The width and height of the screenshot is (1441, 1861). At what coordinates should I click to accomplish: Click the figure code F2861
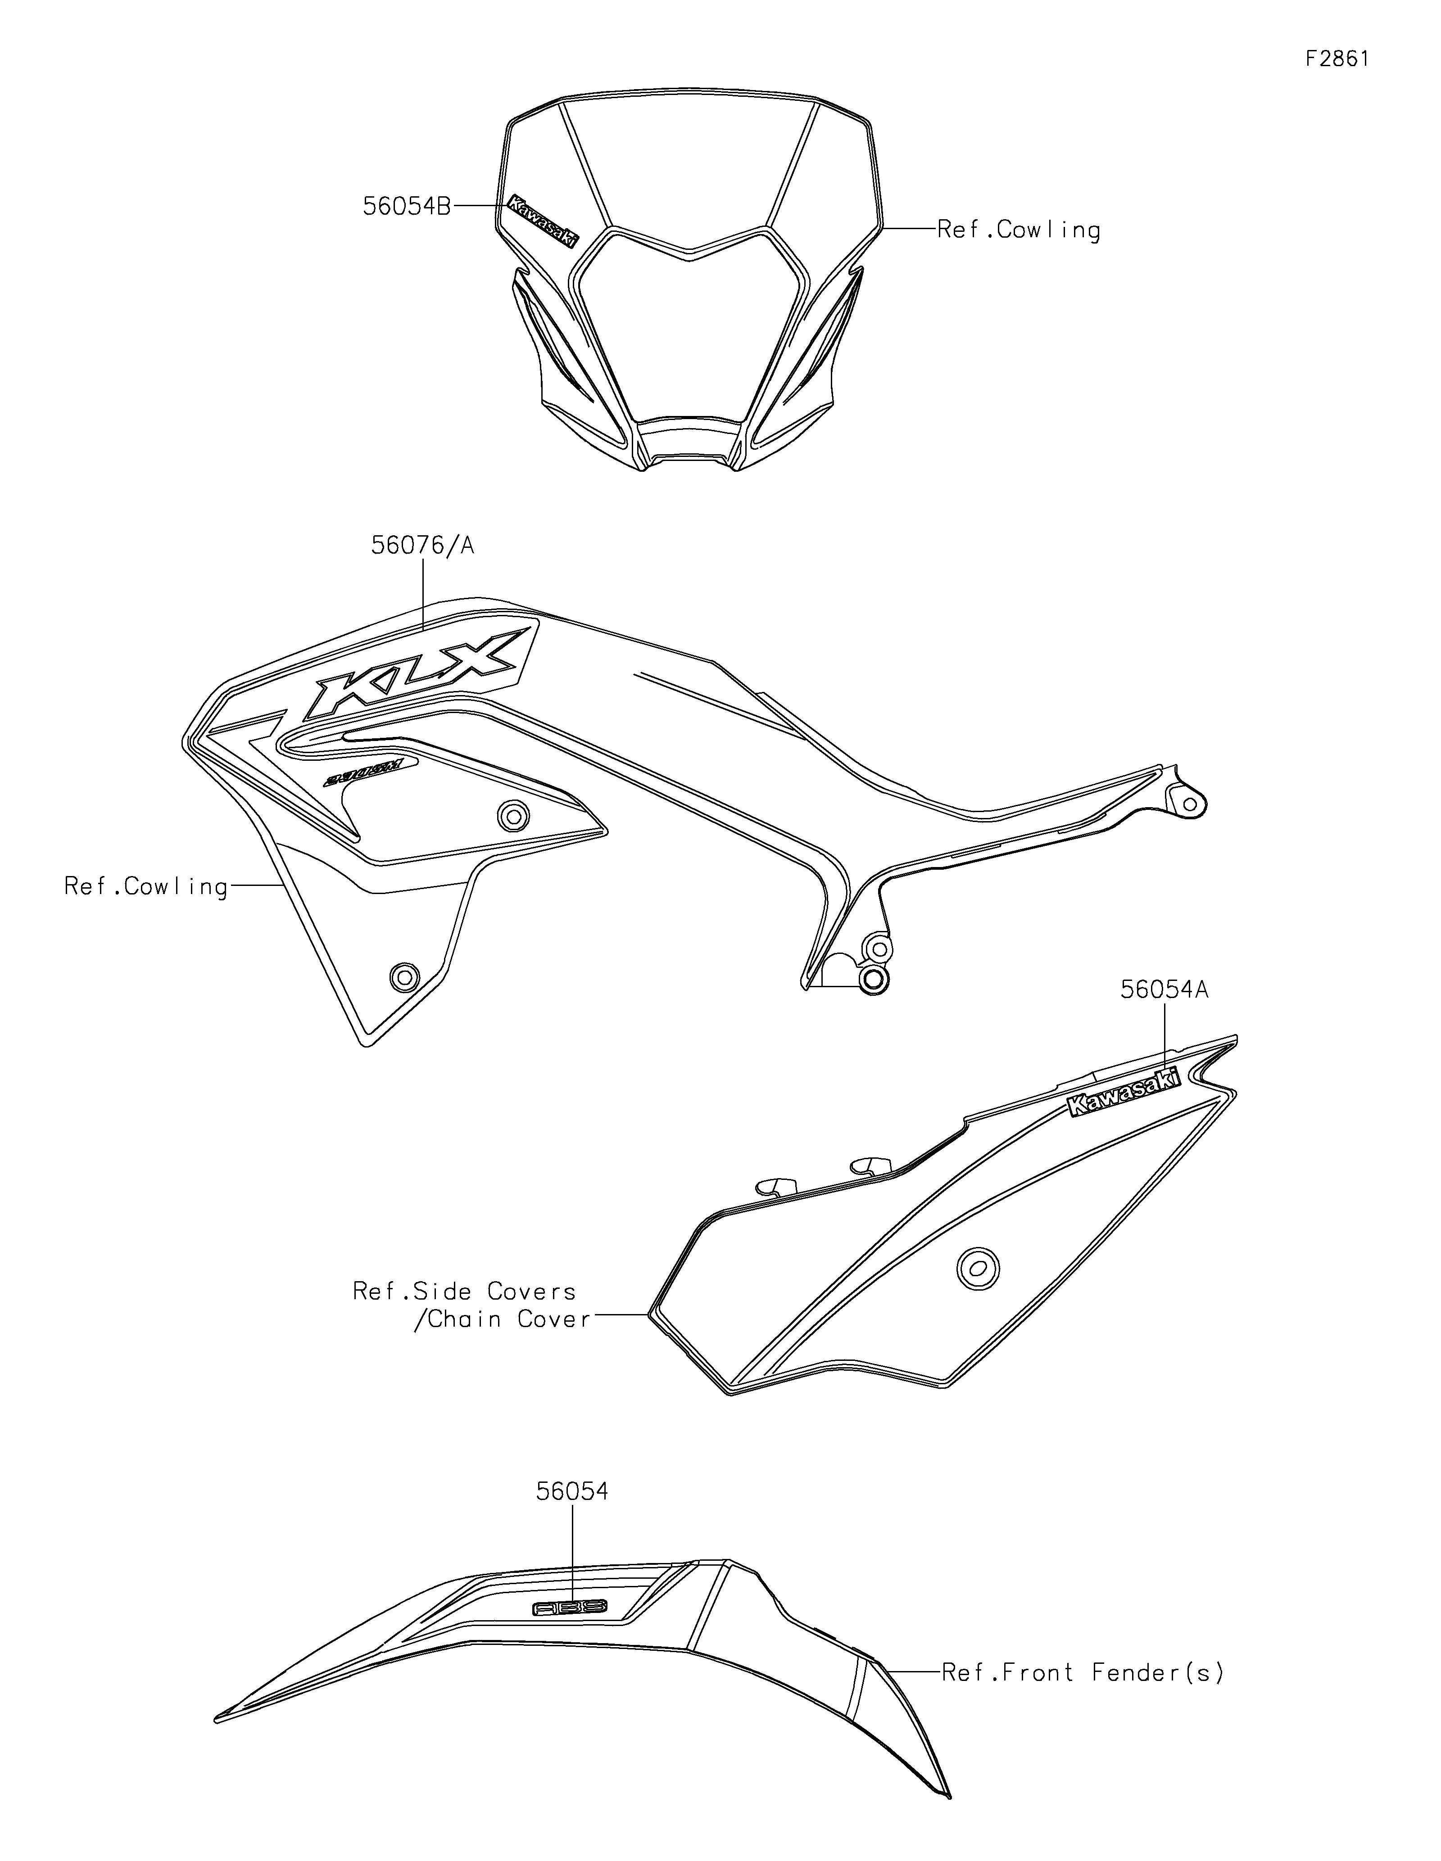1337,59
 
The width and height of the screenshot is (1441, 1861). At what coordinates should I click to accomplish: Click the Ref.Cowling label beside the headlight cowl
1018,230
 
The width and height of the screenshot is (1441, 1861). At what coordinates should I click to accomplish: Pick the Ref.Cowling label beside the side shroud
146,887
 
